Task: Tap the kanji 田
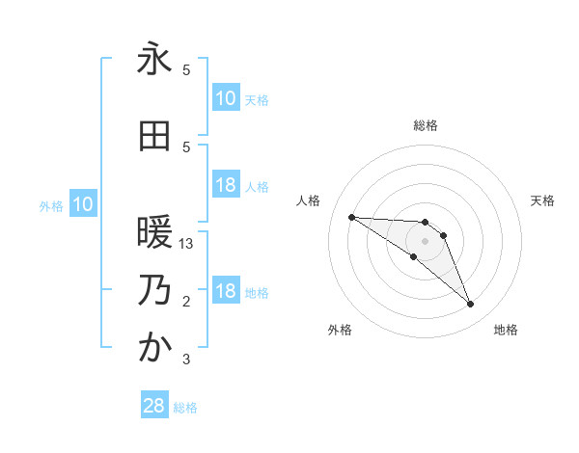[154, 136]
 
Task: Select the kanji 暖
[154, 232]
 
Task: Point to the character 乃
[154, 290]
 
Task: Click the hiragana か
[154, 348]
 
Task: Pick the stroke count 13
[187, 244]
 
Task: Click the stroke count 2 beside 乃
[186, 302]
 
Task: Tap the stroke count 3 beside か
[186, 360]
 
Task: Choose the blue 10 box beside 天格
[226, 98]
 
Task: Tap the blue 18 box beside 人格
[226, 185]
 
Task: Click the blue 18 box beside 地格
[226, 291]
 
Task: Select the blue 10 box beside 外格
[83, 204]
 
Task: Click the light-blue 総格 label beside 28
[185, 408]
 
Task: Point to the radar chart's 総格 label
[426, 125]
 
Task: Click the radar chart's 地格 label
[506, 331]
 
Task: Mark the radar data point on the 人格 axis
[351, 217]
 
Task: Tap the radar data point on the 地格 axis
[470, 305]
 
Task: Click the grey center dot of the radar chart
[425, 241]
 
